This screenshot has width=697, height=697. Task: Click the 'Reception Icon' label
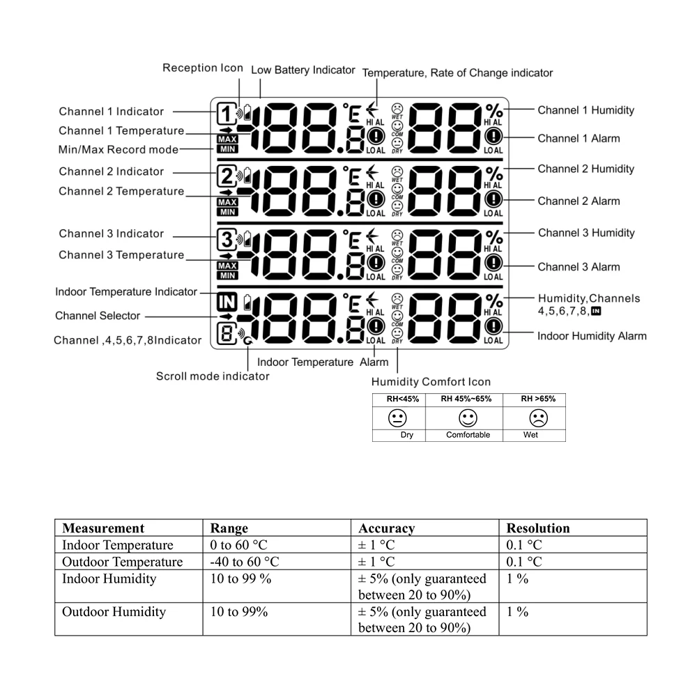click(203, 68)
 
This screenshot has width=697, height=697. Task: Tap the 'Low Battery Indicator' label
click(302, 70)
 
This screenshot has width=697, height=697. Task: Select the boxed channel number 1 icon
click(227, 113)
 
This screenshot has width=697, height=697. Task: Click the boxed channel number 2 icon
click(227, 174)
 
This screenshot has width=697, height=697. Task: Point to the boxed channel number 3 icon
click(227, 238)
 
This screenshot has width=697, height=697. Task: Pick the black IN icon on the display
click(227, 301)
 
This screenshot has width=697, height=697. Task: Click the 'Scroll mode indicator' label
click(212, 376)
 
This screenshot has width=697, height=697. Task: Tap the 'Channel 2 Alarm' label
click(579, 201)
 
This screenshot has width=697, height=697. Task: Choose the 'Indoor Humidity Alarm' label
click(592, 336)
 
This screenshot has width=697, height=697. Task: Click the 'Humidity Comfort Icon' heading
click(431, 382)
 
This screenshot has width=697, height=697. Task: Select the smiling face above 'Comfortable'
click(468, 419)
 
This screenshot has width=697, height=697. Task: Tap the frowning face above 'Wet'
click(538, 419)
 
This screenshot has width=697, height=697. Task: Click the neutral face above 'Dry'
click(397, 419)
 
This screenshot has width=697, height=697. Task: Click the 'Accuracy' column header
click(386, 528)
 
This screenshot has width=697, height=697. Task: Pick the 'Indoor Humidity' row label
click(109, 579)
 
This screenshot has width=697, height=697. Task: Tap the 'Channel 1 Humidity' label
click(585, 110)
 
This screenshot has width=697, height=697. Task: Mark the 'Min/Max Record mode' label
click(118, 150)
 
